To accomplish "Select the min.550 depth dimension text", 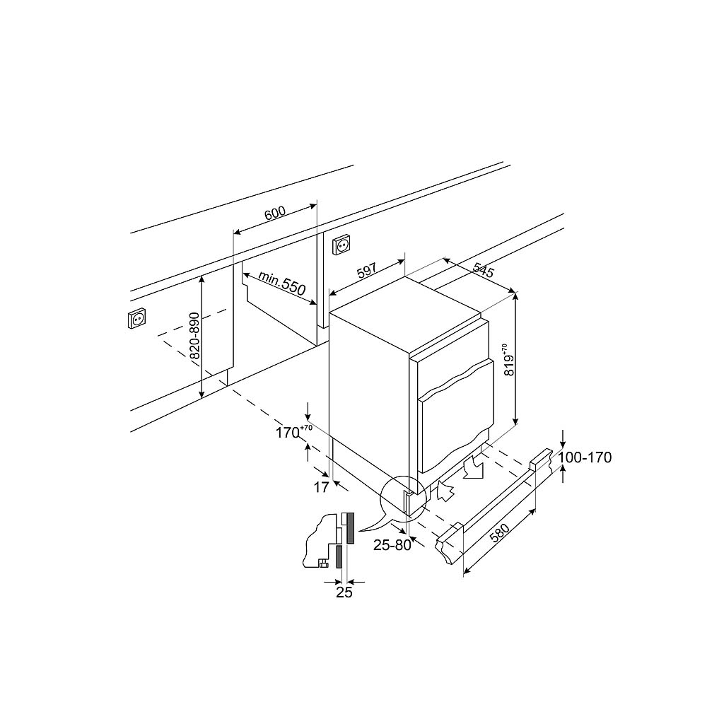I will pos(281,282).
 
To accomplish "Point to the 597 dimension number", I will pos(366,271).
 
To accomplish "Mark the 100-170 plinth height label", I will pos(585,457).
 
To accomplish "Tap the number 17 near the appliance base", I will pos(321,487).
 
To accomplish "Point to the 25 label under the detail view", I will pos(344,592).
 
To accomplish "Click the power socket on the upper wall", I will pos(342,245).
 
